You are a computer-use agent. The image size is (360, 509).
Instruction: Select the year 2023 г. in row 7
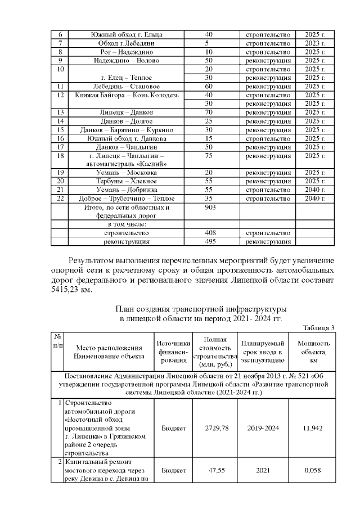pos(315,43)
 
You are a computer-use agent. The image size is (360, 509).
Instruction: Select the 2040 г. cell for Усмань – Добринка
pos(315,190)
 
